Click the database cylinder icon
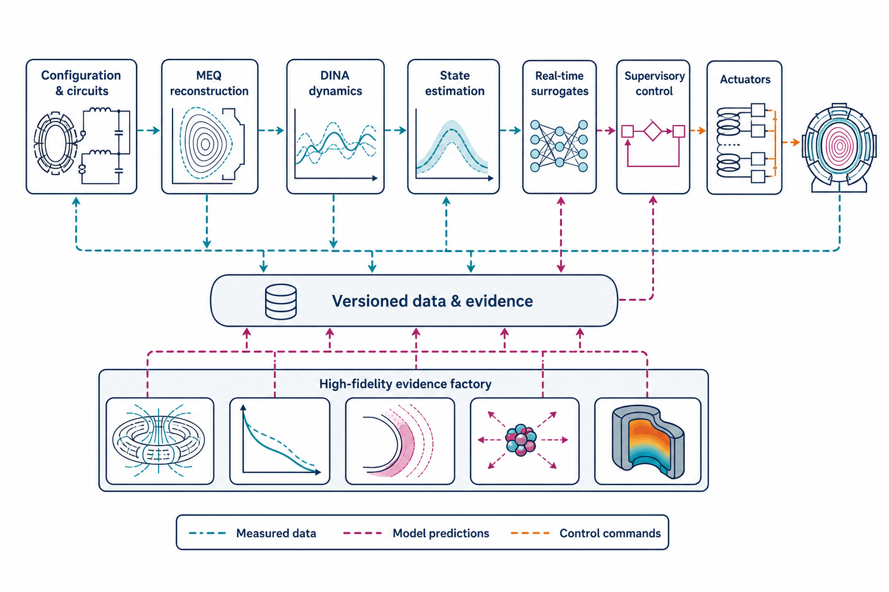click(281, 301)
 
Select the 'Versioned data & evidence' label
click(432, 301)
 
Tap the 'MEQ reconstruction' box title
click(209, 83)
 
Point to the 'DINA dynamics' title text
click(335, 83)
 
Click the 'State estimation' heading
click(455, 83)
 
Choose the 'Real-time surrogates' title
click(560, 83)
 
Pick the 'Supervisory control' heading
click(655, 83)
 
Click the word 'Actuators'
click(745, 79)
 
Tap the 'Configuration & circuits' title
click(82, 83)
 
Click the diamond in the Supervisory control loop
click(652, 131)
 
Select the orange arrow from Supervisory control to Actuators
click(698, 131)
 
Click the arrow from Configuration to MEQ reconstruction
click(148, 131)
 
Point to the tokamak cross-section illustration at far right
click(839, 147)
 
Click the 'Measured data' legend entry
click(252, 533)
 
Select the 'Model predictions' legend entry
click(416, 533)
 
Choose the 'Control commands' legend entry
click(586, 533)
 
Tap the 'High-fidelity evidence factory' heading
click(405, 384)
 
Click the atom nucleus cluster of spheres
click(521, 440)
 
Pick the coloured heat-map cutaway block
click(648, 441)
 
